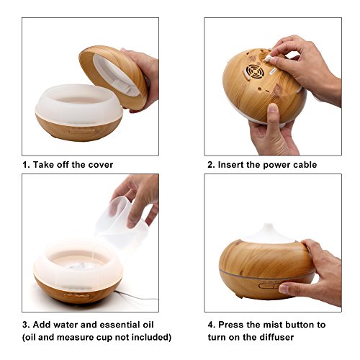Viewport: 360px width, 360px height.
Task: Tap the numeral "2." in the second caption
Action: pyautogui.click(x=211, y=165)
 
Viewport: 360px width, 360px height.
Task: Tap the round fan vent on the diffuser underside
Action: pyautogui.click(x=256, y=71)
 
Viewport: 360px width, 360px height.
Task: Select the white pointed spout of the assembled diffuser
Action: pyautogui.click(x=269, y=233)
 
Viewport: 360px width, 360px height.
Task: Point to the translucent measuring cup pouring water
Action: pyautogui.click(x=122, y=222)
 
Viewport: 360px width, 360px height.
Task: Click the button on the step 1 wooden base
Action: pyautogui.click(x=82, y=131)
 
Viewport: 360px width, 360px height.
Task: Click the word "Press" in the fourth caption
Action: pyautogui.click(x=231, y=325)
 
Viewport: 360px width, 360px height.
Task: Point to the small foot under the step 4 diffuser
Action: pyautogui.click(x=239, y=296)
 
